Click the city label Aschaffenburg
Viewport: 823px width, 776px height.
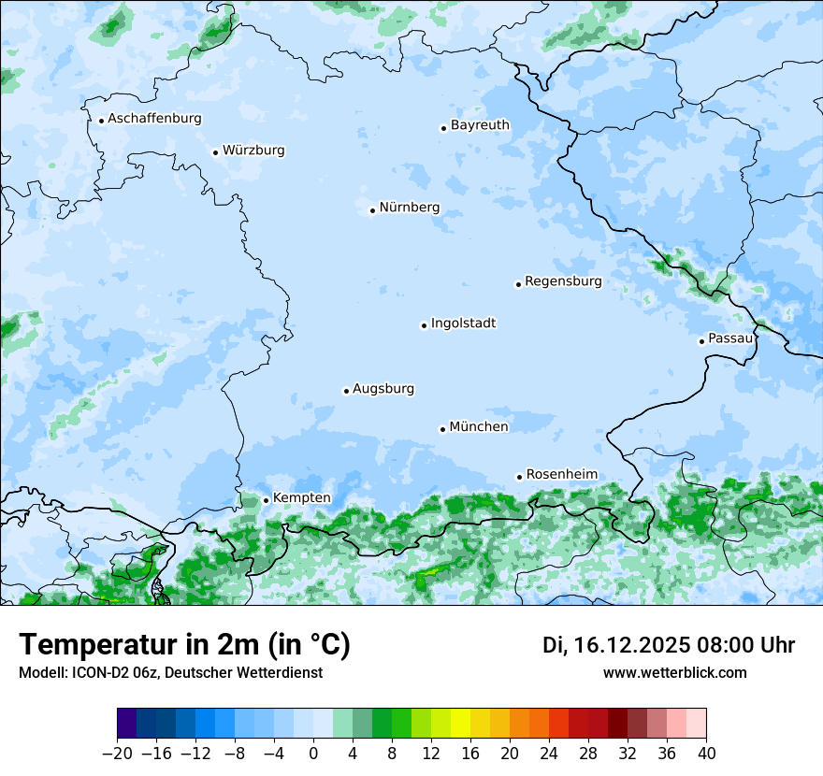[154, 119]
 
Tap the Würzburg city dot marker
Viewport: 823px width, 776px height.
[215, 152]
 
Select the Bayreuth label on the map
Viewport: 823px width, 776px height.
[480, 125]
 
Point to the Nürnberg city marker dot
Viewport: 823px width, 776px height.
[372, 210]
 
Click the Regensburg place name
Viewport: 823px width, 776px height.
[563, 281]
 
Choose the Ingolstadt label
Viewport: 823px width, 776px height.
[463, 323]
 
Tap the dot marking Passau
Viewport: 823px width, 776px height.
[701, 341]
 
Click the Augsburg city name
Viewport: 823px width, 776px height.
[383, 389]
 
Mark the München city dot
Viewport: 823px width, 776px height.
[442, 429]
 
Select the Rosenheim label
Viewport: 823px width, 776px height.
[561, 475]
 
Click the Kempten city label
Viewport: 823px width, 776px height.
[301, 498]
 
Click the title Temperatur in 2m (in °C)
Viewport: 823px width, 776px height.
[184, 645]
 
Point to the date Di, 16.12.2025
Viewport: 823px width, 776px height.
[616, 645]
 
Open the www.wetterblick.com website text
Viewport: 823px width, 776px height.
[674, 672]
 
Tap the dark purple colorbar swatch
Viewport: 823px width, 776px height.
[127, 724]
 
